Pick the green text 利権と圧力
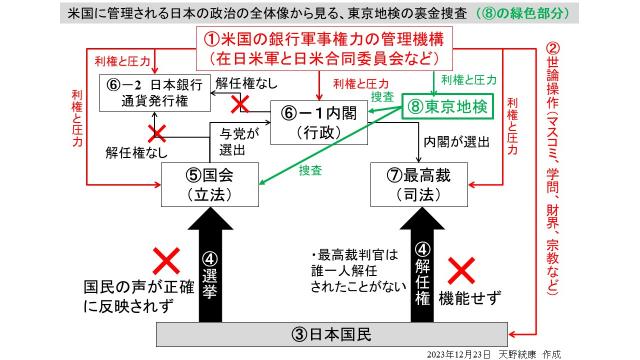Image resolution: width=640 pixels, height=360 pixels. pos(467,79)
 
